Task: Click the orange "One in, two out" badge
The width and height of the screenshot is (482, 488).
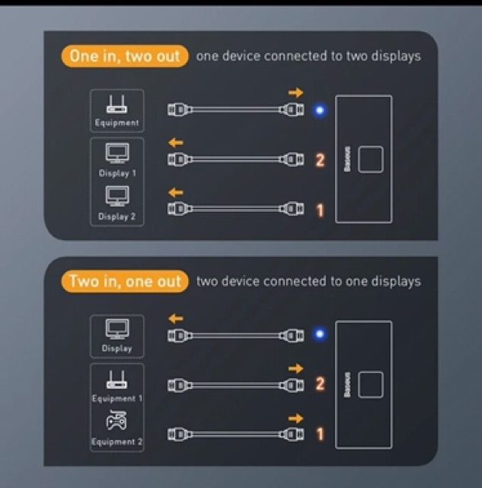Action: tap(125, 56)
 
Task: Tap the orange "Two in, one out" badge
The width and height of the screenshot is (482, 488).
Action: tap(125, 281)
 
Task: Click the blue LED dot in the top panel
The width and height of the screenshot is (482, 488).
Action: tap(320, 110)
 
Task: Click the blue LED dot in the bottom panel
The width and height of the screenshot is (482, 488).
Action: tap(320, 334)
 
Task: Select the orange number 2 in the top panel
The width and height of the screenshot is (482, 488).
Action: tap(320, 161)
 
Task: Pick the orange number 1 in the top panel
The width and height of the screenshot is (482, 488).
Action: tap(320, 210)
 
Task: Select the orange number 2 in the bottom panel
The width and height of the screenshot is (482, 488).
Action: tap(320, 384)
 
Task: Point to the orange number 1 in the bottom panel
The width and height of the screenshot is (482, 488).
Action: tap(320, 434)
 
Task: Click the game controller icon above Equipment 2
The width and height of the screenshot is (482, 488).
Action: tap(117, 420)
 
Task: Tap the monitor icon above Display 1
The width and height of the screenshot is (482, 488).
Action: tap(117, 153)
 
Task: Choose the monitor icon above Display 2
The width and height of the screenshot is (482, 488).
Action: tap(117, 196)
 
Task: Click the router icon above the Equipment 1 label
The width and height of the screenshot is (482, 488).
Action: tap(117, 380)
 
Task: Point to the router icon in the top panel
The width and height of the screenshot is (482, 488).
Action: tap(117, 104)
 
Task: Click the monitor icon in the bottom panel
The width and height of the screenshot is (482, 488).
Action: tap(117, 329)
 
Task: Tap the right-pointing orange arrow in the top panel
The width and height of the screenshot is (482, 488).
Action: tap(296, 92)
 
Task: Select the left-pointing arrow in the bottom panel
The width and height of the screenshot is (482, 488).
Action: tap(176, 319)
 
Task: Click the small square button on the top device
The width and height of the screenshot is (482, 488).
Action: tap(371, 159)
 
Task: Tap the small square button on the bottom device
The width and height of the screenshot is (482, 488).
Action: tap(371, 384)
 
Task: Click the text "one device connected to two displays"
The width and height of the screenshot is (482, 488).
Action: tap(308, 56)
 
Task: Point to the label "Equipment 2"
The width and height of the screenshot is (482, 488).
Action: tap(117, 442)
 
